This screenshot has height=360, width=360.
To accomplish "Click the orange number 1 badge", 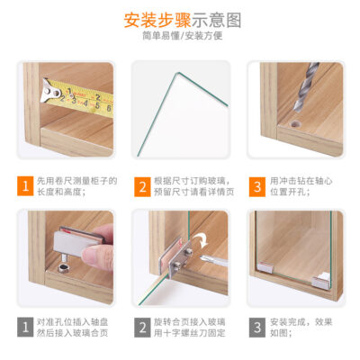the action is pos(25,186).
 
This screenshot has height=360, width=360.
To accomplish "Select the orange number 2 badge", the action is pos(142,187).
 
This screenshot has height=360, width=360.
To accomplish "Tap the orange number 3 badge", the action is pos(257,187).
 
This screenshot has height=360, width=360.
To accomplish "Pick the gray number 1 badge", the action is pos(25,327).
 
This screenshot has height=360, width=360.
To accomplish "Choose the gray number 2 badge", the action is pos(142,328).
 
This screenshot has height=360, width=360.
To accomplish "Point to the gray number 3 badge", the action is pos(257,328).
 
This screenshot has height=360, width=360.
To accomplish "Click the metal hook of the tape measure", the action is pos(49,91).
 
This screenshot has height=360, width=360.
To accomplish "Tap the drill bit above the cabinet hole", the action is pos(305,87).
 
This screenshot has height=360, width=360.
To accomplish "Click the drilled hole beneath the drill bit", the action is pos(295,124).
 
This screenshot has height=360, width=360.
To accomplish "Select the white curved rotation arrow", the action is pos(201,241).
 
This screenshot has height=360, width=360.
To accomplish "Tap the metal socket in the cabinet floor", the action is pos(63,268).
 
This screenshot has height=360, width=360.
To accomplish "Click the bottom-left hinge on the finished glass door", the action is pos(266,267).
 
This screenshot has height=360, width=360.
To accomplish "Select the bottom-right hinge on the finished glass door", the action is pos(321,281).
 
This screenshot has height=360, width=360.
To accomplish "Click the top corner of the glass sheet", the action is pos(178,73).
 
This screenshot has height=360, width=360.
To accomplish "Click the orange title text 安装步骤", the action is pos(157,20).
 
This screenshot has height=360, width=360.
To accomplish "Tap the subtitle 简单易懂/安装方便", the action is pos(183,36).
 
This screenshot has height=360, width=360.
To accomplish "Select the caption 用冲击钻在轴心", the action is pos(301,181).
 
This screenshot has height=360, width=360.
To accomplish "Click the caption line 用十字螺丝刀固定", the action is pos(190,333).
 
